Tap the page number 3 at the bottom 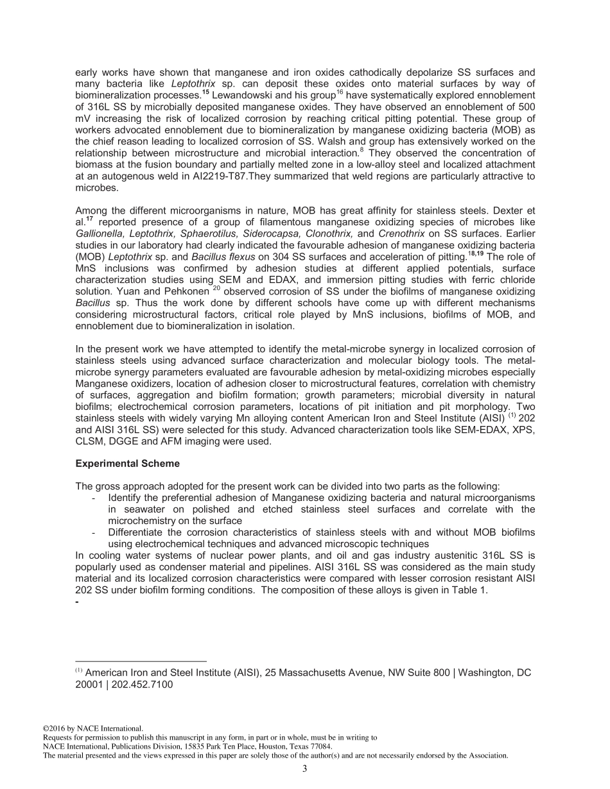pyautogui.click(x=305, y=769)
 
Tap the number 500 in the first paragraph pyautogui.click(x=525, y=105)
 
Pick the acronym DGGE pyautogui.click(x=126, y=441)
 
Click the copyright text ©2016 pyautogui.click(x=55, y=729)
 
